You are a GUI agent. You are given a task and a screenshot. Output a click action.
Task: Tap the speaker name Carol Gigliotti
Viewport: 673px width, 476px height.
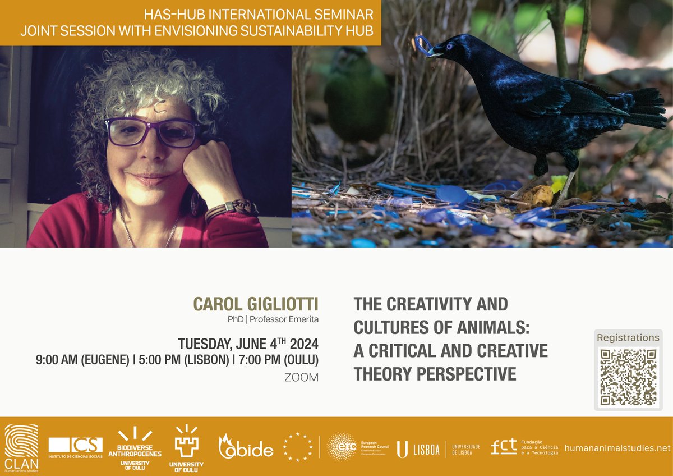(x=256, y=304)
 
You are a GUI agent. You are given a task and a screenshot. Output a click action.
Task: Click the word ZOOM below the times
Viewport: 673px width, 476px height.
(x=301, y=378)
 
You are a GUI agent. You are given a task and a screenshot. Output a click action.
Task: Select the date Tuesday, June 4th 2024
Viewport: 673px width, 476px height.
(x=248, y=344)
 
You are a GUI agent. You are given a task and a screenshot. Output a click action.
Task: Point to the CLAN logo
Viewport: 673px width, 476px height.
(x=21, y=447)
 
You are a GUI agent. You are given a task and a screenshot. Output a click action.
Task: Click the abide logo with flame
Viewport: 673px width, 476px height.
(x=245, y=447)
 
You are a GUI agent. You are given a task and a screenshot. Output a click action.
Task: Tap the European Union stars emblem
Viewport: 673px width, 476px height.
(x=298, y=447)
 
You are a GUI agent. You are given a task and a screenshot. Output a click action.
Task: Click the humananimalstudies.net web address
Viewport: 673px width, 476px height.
(x=617, y=448)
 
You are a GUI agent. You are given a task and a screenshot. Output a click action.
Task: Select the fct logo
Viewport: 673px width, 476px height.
(x=503, y=447)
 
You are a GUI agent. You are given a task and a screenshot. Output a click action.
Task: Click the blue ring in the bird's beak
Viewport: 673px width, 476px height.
(x=423, y=43)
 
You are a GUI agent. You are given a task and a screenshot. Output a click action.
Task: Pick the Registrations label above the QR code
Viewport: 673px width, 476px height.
(x=628, y=338)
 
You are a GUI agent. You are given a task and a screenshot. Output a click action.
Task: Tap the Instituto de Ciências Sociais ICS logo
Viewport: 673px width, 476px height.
(x=76, y=447)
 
